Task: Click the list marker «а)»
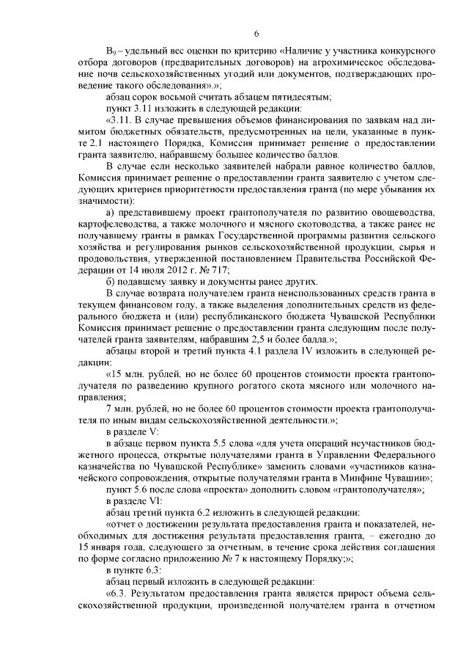[111, 213]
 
